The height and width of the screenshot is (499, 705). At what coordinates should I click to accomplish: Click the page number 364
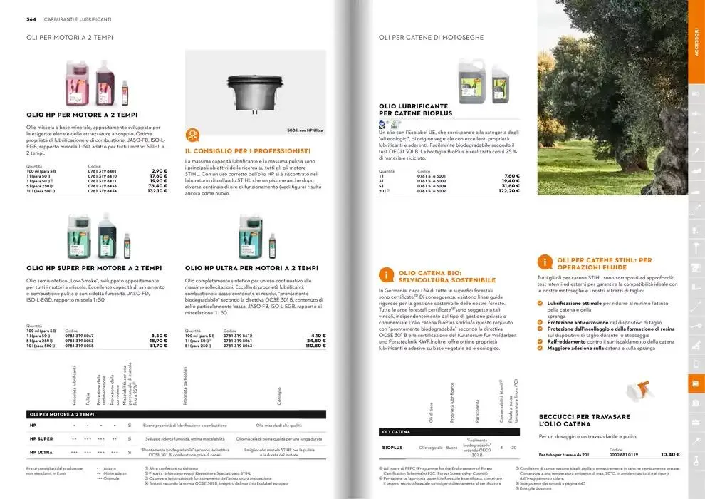21,19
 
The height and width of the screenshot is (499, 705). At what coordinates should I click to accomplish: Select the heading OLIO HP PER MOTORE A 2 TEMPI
82,114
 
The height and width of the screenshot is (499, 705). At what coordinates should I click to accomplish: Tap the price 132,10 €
157,191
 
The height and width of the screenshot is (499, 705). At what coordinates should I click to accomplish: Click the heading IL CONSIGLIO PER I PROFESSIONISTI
247,151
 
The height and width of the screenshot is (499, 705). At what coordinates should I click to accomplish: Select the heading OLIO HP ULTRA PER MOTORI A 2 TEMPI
250,268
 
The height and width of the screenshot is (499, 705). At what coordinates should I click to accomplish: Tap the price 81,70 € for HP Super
157,346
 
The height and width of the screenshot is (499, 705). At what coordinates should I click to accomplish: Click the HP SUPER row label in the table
41,438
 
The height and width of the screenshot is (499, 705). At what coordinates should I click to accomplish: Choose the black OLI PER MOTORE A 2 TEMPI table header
62,414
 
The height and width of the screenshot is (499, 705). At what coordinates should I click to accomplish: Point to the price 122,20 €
504,191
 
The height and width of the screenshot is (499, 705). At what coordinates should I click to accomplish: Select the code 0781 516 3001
432,176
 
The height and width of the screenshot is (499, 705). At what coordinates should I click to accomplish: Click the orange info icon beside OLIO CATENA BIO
385,276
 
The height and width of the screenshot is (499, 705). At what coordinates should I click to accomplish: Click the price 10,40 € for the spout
670,454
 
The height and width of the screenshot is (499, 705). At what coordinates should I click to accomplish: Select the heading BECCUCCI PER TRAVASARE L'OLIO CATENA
584,421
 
